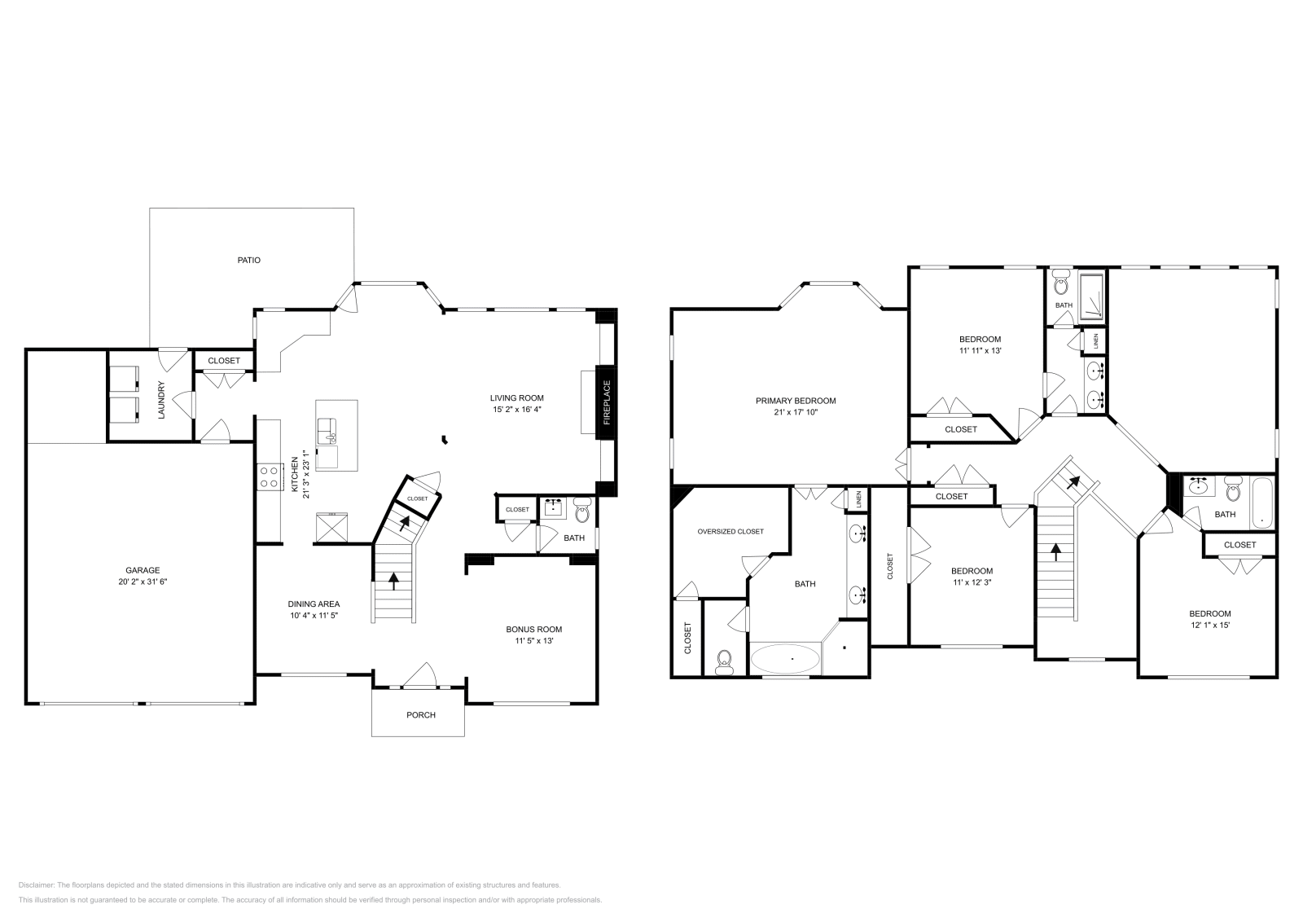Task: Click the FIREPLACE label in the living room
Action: coord(607,403)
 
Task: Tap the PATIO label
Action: coord(249,261)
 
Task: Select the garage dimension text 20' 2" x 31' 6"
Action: coord(143,582)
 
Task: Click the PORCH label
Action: coord(421,715)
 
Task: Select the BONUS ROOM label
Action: coord(533,629)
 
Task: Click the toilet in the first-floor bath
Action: coord(582,511)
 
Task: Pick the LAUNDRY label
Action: coord(161,400)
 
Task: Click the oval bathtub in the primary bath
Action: coord(785,658)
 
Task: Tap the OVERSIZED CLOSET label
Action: coord(730,532)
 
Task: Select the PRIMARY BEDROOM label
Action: coord(796,401)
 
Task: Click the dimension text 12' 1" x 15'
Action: coord(1209,626)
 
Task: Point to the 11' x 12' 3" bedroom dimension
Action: coord(972,582)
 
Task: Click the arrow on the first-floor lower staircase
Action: coord(394,581)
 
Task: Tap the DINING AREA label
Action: coord(314,604)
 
